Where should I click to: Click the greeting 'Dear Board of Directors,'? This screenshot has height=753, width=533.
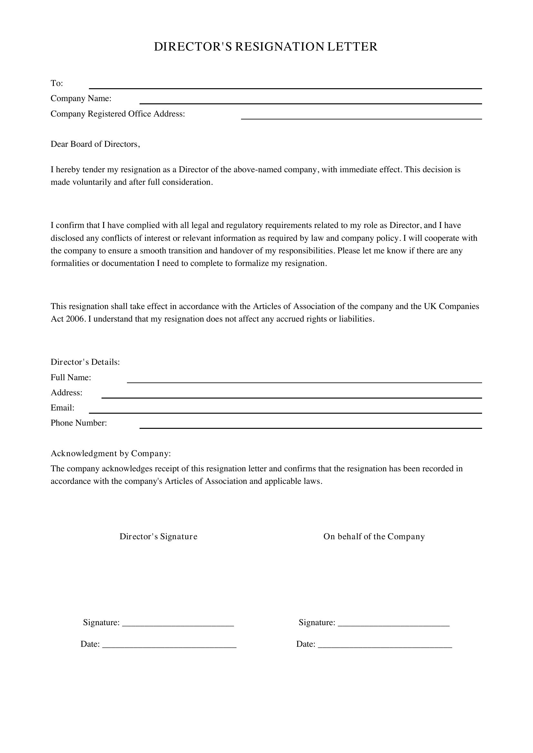95,144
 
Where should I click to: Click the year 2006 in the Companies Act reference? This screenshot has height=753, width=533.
76,319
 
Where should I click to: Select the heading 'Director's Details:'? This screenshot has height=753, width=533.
85,362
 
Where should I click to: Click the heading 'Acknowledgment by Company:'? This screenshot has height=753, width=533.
111,454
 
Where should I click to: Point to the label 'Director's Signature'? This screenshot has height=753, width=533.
158,537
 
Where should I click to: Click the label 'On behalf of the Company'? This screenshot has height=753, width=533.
374,537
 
